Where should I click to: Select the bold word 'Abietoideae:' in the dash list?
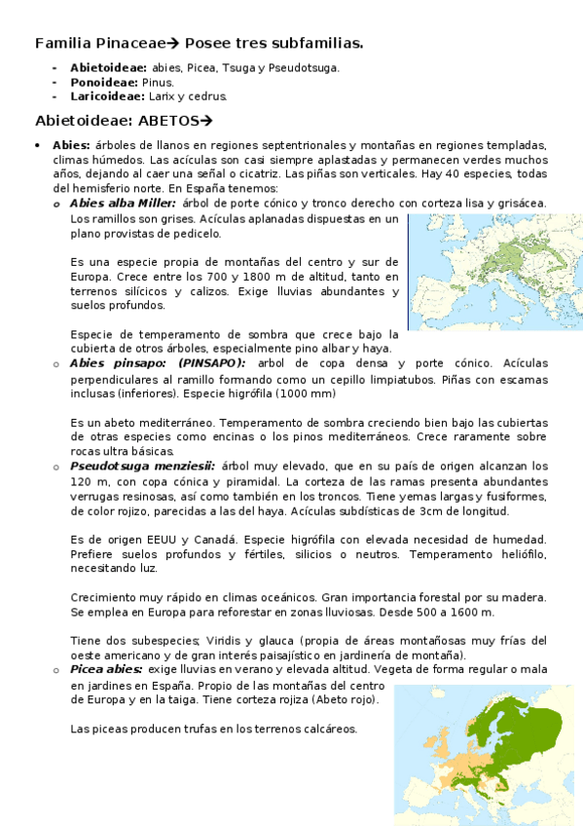(108, 67)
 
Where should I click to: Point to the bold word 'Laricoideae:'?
(107, 96)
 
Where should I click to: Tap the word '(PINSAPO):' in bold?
(212, 363)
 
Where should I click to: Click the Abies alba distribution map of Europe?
(494, 272)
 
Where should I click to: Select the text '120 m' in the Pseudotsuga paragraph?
(89, 482)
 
